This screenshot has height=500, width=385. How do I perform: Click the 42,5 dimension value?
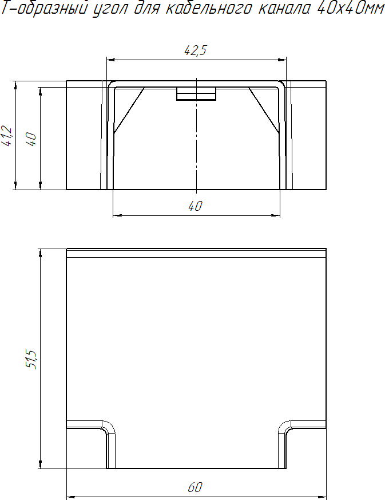196,50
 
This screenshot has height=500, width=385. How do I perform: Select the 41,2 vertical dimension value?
7,136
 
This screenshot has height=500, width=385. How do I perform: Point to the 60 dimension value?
195,487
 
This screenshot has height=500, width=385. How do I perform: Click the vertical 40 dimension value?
31,139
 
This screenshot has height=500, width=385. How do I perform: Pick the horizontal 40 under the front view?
195,206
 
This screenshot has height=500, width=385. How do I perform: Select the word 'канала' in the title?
283,9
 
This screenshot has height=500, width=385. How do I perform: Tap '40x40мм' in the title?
351,8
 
